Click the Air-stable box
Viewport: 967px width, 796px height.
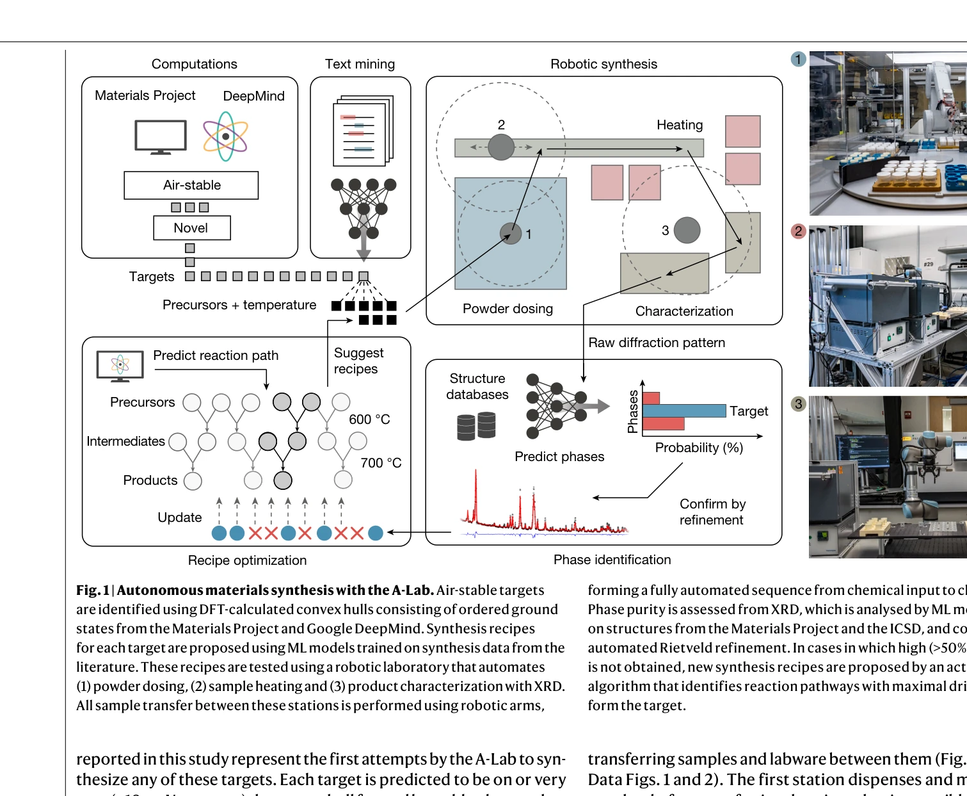pos(191,185)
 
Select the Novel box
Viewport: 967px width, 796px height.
pos(191,228)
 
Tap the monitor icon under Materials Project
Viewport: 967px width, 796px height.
pos(161,136)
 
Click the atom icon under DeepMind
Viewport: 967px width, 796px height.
pos(225,136)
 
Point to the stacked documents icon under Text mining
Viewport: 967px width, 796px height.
pos(363,131)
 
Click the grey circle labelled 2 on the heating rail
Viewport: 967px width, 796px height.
pos(501,147)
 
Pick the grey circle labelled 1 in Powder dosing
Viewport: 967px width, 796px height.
pos(511,234)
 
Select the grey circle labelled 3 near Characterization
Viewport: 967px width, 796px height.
pos(687,230)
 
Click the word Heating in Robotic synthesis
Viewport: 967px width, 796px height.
pos(679,125)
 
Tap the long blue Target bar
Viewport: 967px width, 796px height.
pos(683,410)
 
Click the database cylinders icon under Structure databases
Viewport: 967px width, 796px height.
pos(476,426)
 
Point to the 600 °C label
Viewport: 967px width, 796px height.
pos(369,419)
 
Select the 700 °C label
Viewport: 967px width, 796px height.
pos(381,463)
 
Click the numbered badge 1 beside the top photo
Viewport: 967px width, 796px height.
pos(798,60)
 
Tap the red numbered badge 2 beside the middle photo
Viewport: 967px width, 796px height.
pos(798,231)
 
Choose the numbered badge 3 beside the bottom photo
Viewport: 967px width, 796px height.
pos(798,404)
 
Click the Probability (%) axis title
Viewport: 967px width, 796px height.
pos(699,448)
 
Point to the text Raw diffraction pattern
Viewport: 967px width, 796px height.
pos(657,343)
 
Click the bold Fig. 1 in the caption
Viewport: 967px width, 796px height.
pos(93,590)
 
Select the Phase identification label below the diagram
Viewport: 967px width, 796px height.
pos(612,560)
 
